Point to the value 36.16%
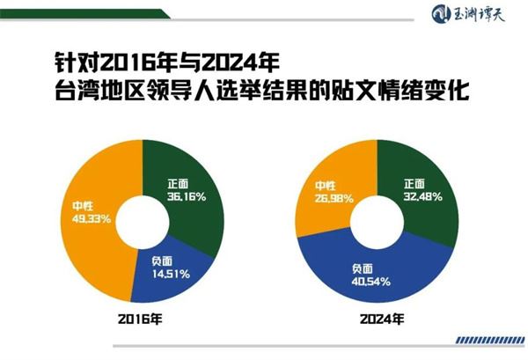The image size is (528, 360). pyautogui.click(x=187, y=197)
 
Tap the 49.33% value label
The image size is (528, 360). pyautogui.click(x=92, y=218)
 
